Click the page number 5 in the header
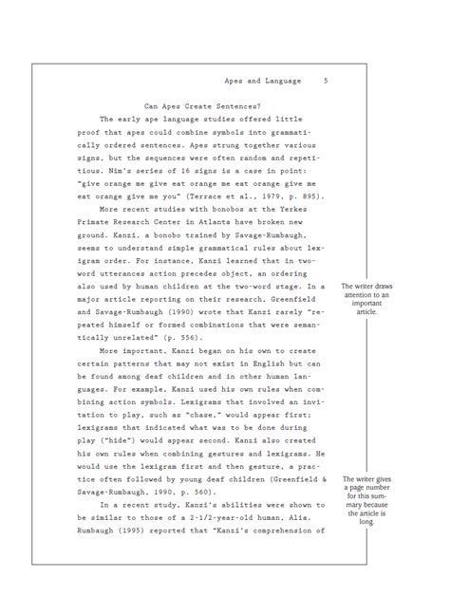(326, 81)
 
